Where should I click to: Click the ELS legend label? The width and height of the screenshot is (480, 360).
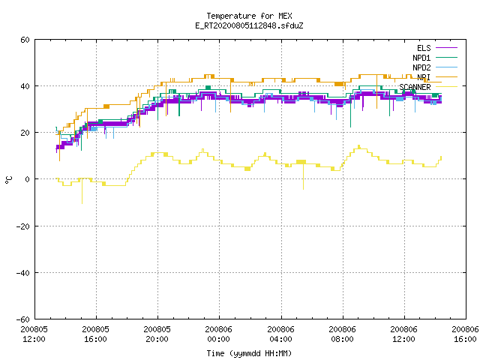click(x=424, y=48)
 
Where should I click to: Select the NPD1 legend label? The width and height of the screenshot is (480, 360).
click(x=421, y=58)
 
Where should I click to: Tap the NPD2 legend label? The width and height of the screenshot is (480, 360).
click(x=421, y=67)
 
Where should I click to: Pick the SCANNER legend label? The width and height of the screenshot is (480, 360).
click(x=415, y=87)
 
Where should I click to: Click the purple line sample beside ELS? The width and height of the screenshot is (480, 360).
click(x=446, y=48)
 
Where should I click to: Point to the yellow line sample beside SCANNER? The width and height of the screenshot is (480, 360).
click(x=446, y=87)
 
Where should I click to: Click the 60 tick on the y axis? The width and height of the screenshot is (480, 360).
click(x=25, y=40)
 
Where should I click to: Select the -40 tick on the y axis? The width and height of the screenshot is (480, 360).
click(x=23, y=273)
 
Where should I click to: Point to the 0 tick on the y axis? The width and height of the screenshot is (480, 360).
click(x=27, y=179)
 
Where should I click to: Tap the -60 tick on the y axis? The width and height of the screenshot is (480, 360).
click(x=23, y=319)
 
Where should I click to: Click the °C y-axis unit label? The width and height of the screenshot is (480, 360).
click(x=8, y=180)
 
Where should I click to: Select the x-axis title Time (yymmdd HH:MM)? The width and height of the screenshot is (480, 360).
click(x=249, y=353)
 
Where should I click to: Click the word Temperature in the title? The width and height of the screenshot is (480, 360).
click(x=231, y=16)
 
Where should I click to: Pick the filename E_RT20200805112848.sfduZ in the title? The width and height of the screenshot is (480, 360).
click(x=249, y=25)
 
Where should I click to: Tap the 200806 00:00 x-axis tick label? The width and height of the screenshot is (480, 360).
click(x=218, y=334)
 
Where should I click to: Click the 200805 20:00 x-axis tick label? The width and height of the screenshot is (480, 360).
click(x=157, y=334)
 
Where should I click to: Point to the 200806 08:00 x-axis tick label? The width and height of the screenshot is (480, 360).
click(x=342, y=334)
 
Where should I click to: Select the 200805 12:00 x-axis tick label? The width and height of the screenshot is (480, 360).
click(x=34, y=334)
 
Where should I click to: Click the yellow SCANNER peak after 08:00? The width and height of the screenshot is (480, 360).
click(x=358, y=146)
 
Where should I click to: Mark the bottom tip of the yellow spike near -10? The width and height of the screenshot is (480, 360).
click(x=82, y=203)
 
